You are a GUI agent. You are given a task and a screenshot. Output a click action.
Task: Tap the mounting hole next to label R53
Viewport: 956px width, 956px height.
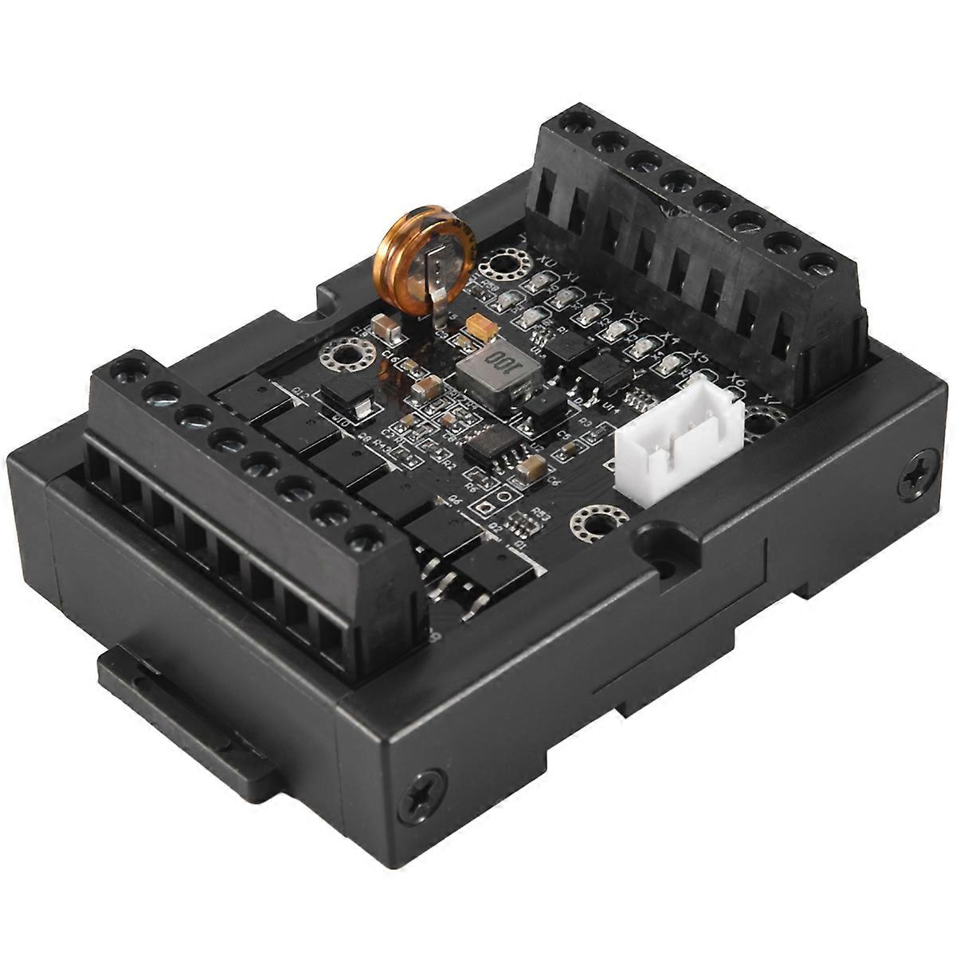(x=591, y=524)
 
